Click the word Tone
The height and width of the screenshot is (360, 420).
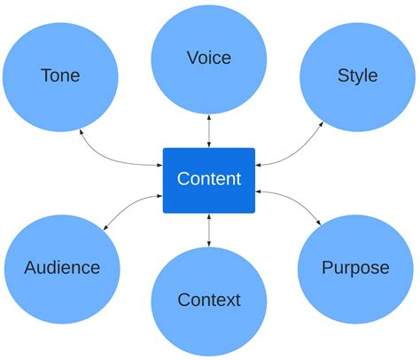60,75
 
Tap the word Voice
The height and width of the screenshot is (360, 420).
209,58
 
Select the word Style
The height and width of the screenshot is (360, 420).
357,75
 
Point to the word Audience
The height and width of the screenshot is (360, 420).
62,267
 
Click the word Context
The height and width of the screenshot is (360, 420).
209,300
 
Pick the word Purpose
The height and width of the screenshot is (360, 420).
355,267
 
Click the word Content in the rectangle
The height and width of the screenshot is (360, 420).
209,179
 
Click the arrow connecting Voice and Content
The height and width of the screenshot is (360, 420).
209,131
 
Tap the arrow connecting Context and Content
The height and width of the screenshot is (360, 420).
209,230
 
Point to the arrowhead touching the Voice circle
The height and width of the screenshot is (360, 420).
209,117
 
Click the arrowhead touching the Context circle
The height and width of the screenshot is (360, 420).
209,244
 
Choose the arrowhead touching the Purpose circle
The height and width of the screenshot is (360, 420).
320,222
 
